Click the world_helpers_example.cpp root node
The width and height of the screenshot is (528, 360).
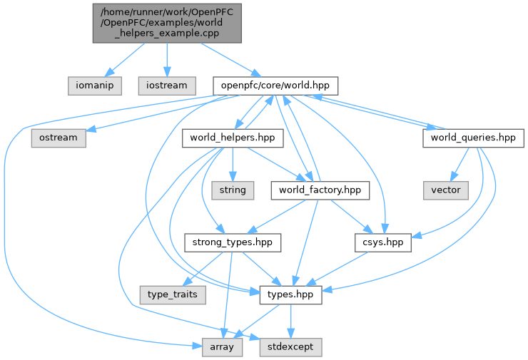coord(167,23)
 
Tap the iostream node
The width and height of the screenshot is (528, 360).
coord(167,85)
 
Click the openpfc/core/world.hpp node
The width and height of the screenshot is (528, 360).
coord(275,85)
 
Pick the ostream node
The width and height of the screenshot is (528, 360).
coord(58,138)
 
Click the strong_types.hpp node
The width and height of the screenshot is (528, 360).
coord(233,242)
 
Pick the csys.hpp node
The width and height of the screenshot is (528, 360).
coord(383,242)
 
